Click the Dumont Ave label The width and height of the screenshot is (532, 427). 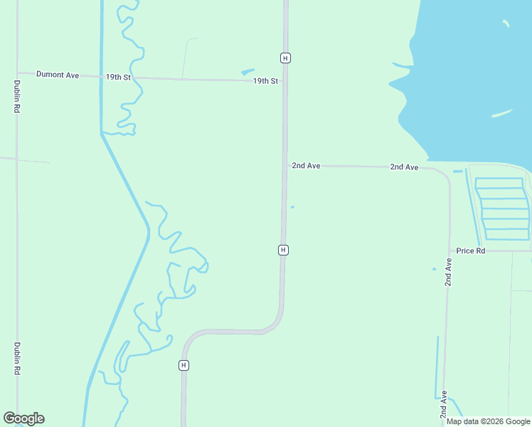[58, 74]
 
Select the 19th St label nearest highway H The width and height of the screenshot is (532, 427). [265, 81]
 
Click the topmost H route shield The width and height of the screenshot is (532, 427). [284, 58]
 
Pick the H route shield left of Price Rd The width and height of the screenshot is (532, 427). [283, 250]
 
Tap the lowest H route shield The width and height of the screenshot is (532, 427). [183, 365]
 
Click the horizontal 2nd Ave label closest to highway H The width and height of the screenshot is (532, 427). [306, 165]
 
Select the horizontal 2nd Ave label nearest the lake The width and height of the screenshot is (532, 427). [404, 167]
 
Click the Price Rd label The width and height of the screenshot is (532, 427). [471, 251]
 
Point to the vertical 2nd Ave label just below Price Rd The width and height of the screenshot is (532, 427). [448, 272]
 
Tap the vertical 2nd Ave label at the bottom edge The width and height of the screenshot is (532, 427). [444, 404]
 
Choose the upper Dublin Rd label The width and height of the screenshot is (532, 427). [16, 96]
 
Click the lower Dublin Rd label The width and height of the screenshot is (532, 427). [16, 359]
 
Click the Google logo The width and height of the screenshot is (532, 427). [23, 418]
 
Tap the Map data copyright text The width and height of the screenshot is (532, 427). [488, 421]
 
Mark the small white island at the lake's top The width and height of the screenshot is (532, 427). [506, 23]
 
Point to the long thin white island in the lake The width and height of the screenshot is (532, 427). [502, 112]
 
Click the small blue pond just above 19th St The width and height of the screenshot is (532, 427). [248, 71]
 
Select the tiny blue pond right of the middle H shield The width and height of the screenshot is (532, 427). [292, 207]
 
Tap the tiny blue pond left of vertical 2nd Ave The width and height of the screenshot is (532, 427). [434, 269]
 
